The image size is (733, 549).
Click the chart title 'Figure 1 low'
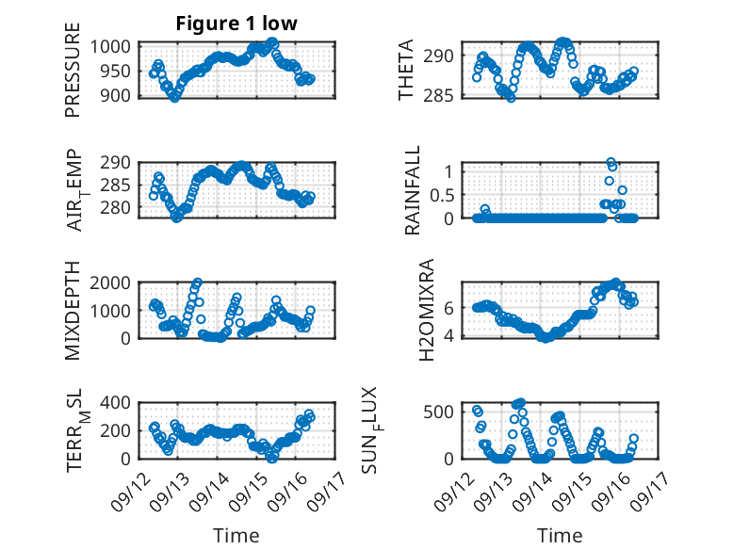pyautogui.click(x=236, y=24)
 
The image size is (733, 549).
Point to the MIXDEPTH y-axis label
pyautogui.click(x=73, y=310)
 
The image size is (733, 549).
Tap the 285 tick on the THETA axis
pyautogui.click(x=446, y=96)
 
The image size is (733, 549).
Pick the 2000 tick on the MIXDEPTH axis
pyautogui.click(x=115, y=283)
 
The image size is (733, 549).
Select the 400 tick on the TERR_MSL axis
pyautogui.click(x=120, y=403)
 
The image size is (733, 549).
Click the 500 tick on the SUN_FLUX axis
pyautogui.click(x=446, y=412)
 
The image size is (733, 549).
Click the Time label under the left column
pyautogui.click(x=236, y=535)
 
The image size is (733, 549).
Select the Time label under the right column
pyautogui.click(x=560, y=535)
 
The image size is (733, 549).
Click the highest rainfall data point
pyautogui.click(x=611, y=163)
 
